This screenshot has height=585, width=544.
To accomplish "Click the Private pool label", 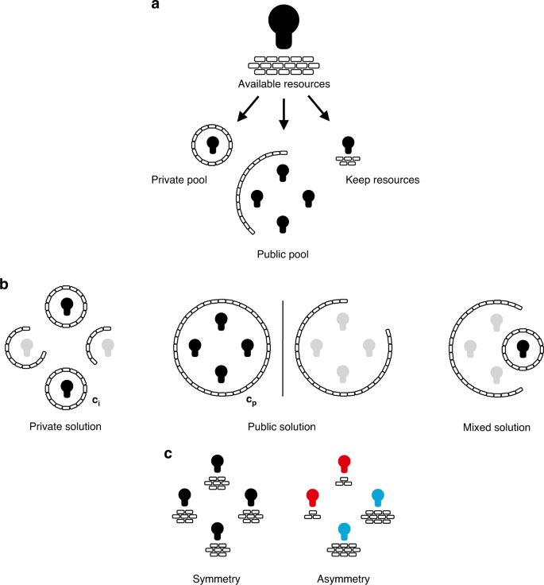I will [179, 180].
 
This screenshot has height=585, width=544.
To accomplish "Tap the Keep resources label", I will [382, 180].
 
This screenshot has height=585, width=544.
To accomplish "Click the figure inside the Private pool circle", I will [212, 145].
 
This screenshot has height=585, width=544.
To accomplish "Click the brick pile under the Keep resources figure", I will [348, 160].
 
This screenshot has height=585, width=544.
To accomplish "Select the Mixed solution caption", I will [496, 427].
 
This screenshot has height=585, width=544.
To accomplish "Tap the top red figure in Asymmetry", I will [344, 465].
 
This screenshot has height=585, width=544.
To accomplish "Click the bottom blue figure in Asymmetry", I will [344, 532].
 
